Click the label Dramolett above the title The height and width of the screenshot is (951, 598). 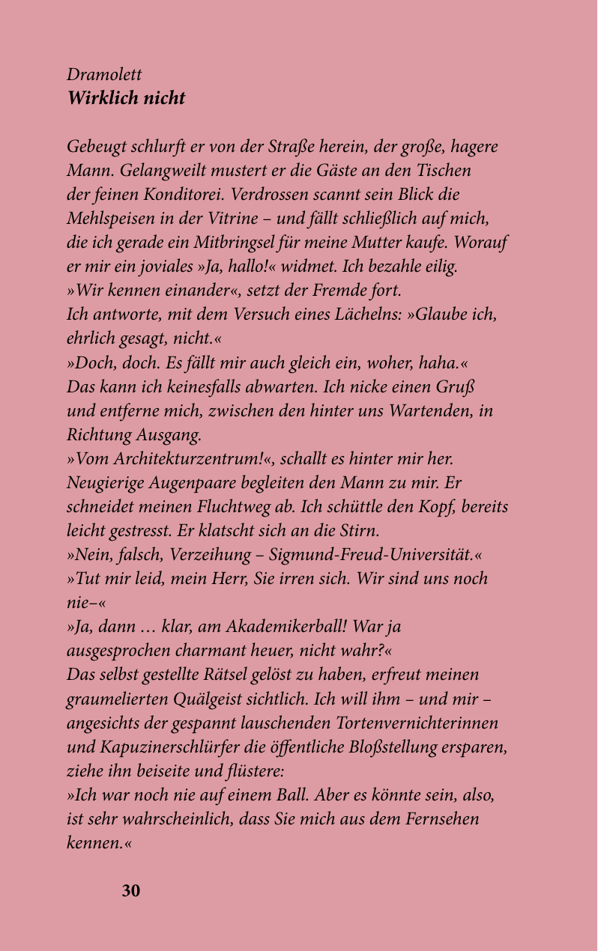pyautogui.click(x=104, y=75)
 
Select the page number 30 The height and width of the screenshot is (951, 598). pyautogui.click(x=131, y=890)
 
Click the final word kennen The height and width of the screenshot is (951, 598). pyautogui.click(x=93, y=842)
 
